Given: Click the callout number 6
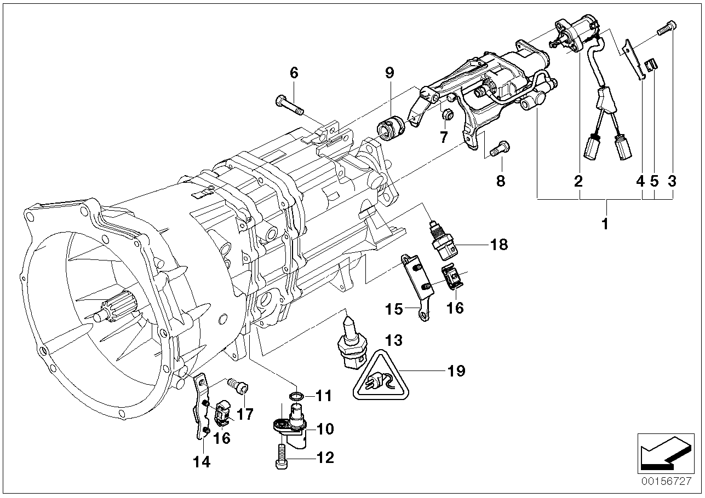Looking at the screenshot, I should click(x=294, y=73).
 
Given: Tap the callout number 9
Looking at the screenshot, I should click(x=389, y=73).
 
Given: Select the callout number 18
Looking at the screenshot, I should click(x=499, y=244).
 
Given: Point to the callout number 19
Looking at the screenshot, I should click(x=456, y=371).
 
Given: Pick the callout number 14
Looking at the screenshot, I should click(x=202, y=462).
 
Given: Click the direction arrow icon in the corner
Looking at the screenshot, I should click(x=662, y=452).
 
